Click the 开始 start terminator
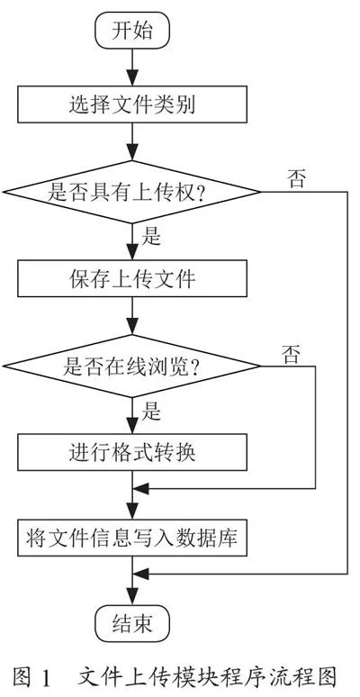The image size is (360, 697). (x=132, y=32)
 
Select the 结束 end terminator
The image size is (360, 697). (x=132, y=623)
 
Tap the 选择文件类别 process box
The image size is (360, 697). (x=132, y=104)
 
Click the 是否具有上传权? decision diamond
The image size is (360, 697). (x=131, y=192)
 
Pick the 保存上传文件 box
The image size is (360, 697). (x=132, y=278)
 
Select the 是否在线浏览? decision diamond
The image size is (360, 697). (x=131, y=367)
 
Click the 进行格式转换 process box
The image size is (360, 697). (x=132, y=452)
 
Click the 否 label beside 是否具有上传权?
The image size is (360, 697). (x=296, y=179)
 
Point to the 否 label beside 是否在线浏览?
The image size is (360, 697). (x=291, y=354)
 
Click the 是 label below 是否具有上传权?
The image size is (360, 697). (x=151, y=238)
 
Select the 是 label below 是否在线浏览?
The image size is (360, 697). (x=151, y=412)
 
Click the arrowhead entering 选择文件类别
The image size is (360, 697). (x=132, y=78)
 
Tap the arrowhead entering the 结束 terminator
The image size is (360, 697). (x=132, y=596)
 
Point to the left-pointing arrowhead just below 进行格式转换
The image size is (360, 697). (x=141, y=489)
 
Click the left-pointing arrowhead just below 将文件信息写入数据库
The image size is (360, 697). (x=141, y=574)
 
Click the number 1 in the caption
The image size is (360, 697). (x=46, y=678)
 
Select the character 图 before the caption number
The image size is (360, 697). (x=22, y=678)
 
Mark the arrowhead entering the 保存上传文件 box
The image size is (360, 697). (x=132, y=252)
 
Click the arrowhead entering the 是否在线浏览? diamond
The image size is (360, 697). (x=132, y=327)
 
